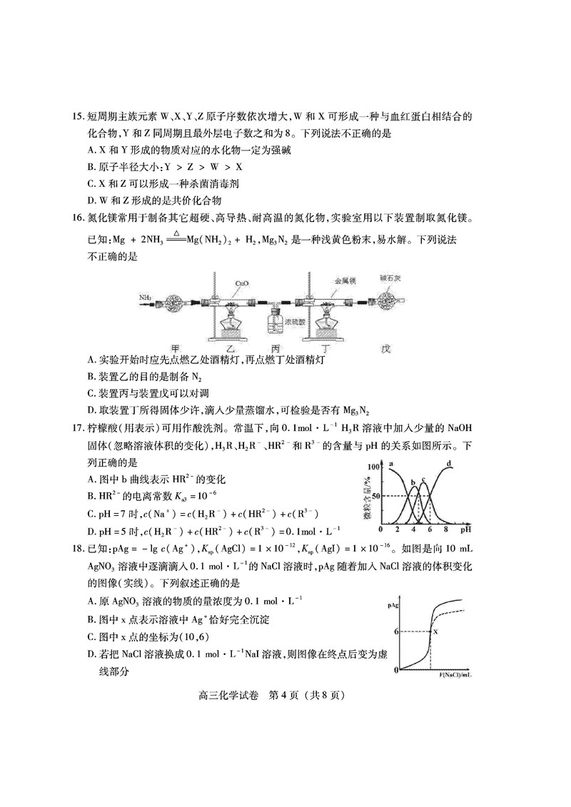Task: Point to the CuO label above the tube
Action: coord(241,283)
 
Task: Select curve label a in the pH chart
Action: coord(392,465)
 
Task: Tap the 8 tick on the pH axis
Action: coord(446,532)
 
